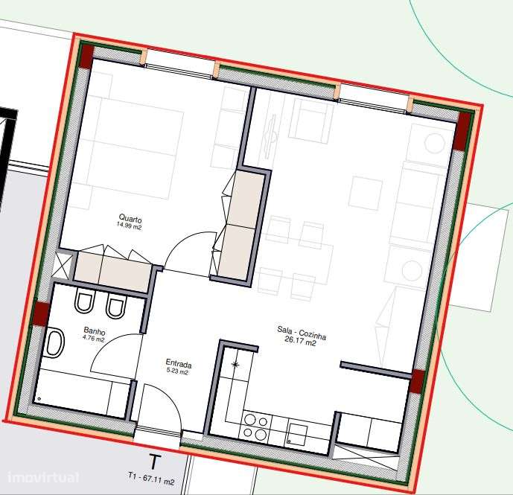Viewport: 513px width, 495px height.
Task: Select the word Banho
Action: coord(94,332)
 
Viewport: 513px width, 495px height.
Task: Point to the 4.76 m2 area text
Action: coord(94,339)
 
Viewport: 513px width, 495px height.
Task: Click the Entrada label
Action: coord(179,365)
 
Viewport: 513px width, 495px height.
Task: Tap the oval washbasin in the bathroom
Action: coord(54,345)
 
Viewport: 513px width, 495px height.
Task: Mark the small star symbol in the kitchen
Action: coord(236,364)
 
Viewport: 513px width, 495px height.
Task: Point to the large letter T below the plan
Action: coord(155,462)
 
